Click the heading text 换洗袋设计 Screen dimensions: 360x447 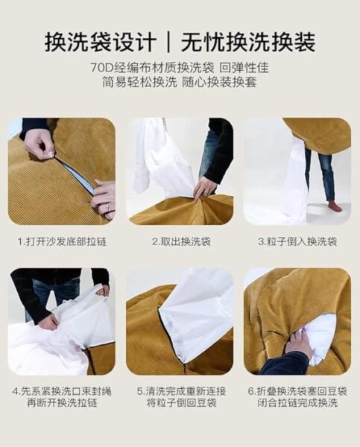101,42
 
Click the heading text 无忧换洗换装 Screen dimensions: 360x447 248,42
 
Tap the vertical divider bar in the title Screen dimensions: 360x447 169,42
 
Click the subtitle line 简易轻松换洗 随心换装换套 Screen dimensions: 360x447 180,83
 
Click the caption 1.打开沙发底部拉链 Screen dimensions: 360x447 62,241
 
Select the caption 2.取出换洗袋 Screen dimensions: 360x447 181,241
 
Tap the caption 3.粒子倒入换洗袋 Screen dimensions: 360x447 297,241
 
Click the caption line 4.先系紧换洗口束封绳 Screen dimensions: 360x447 62,391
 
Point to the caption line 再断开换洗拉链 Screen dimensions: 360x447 62,403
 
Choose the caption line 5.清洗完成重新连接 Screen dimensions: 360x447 181,391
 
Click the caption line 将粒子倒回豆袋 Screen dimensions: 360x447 181,403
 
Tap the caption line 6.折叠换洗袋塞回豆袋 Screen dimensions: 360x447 297,391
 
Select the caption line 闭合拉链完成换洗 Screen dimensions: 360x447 297,403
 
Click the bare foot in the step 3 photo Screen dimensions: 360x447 335,206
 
